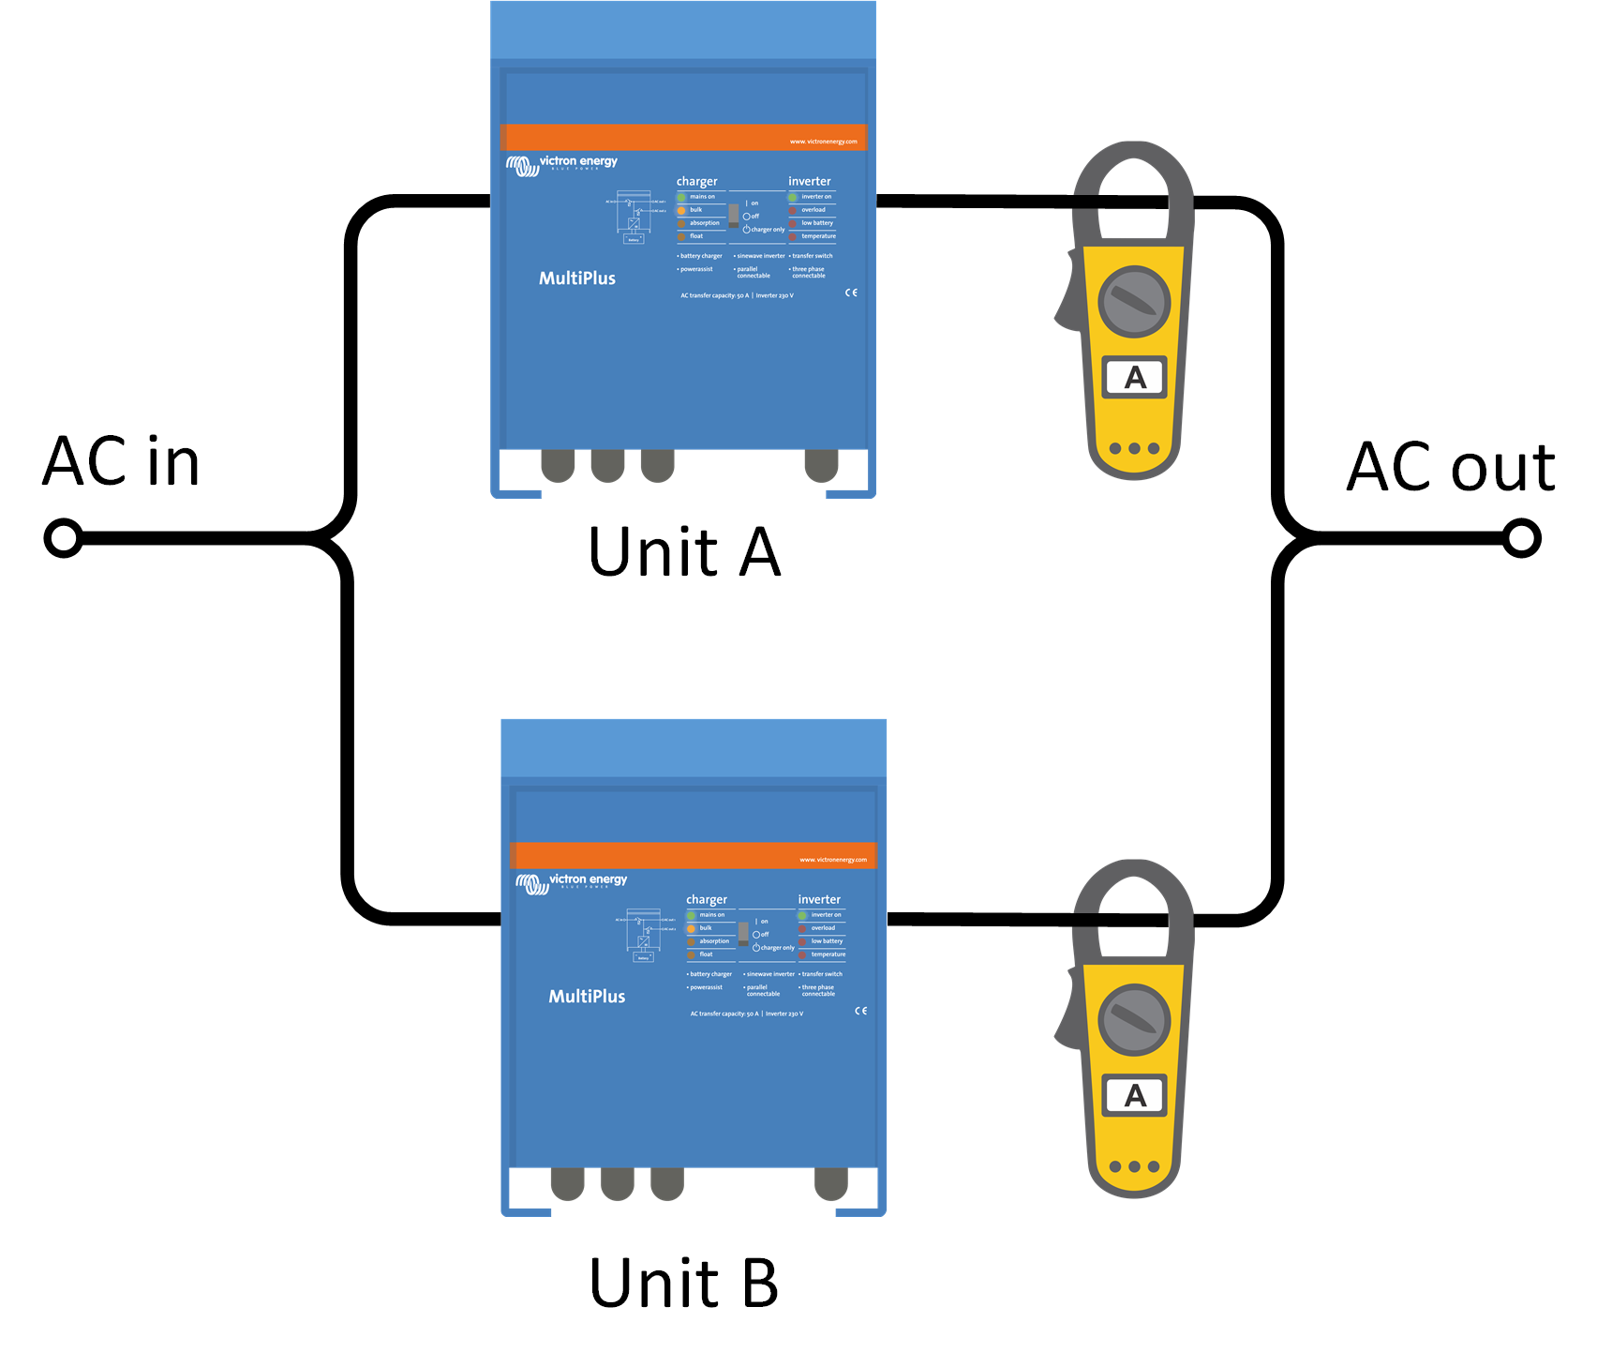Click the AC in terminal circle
[x=63, y=538]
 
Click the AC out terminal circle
[x=1521, y=538]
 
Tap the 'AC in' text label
[x=122, y=461]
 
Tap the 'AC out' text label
[x=1450, y=467]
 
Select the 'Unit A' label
[x=684, y=552]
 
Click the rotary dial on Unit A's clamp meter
[x=1134, y=302]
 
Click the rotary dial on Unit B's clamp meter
[x=1134, y=1020]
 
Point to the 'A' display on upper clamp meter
[x=1134, y=378]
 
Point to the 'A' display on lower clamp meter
[x=1134, y=1095]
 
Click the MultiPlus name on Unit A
[x=577, y=278]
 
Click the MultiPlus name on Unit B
[x=587, y=997]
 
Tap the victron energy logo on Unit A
[x=562, y=165]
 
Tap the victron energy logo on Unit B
[x=572, y=883]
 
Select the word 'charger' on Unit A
[x=696, y=182]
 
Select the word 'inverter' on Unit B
[x=819, y=899]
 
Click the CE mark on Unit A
[x=851, y=293]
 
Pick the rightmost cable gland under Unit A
[x=822, y=465]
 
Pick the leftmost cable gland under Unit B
[x=567, y=1183]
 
